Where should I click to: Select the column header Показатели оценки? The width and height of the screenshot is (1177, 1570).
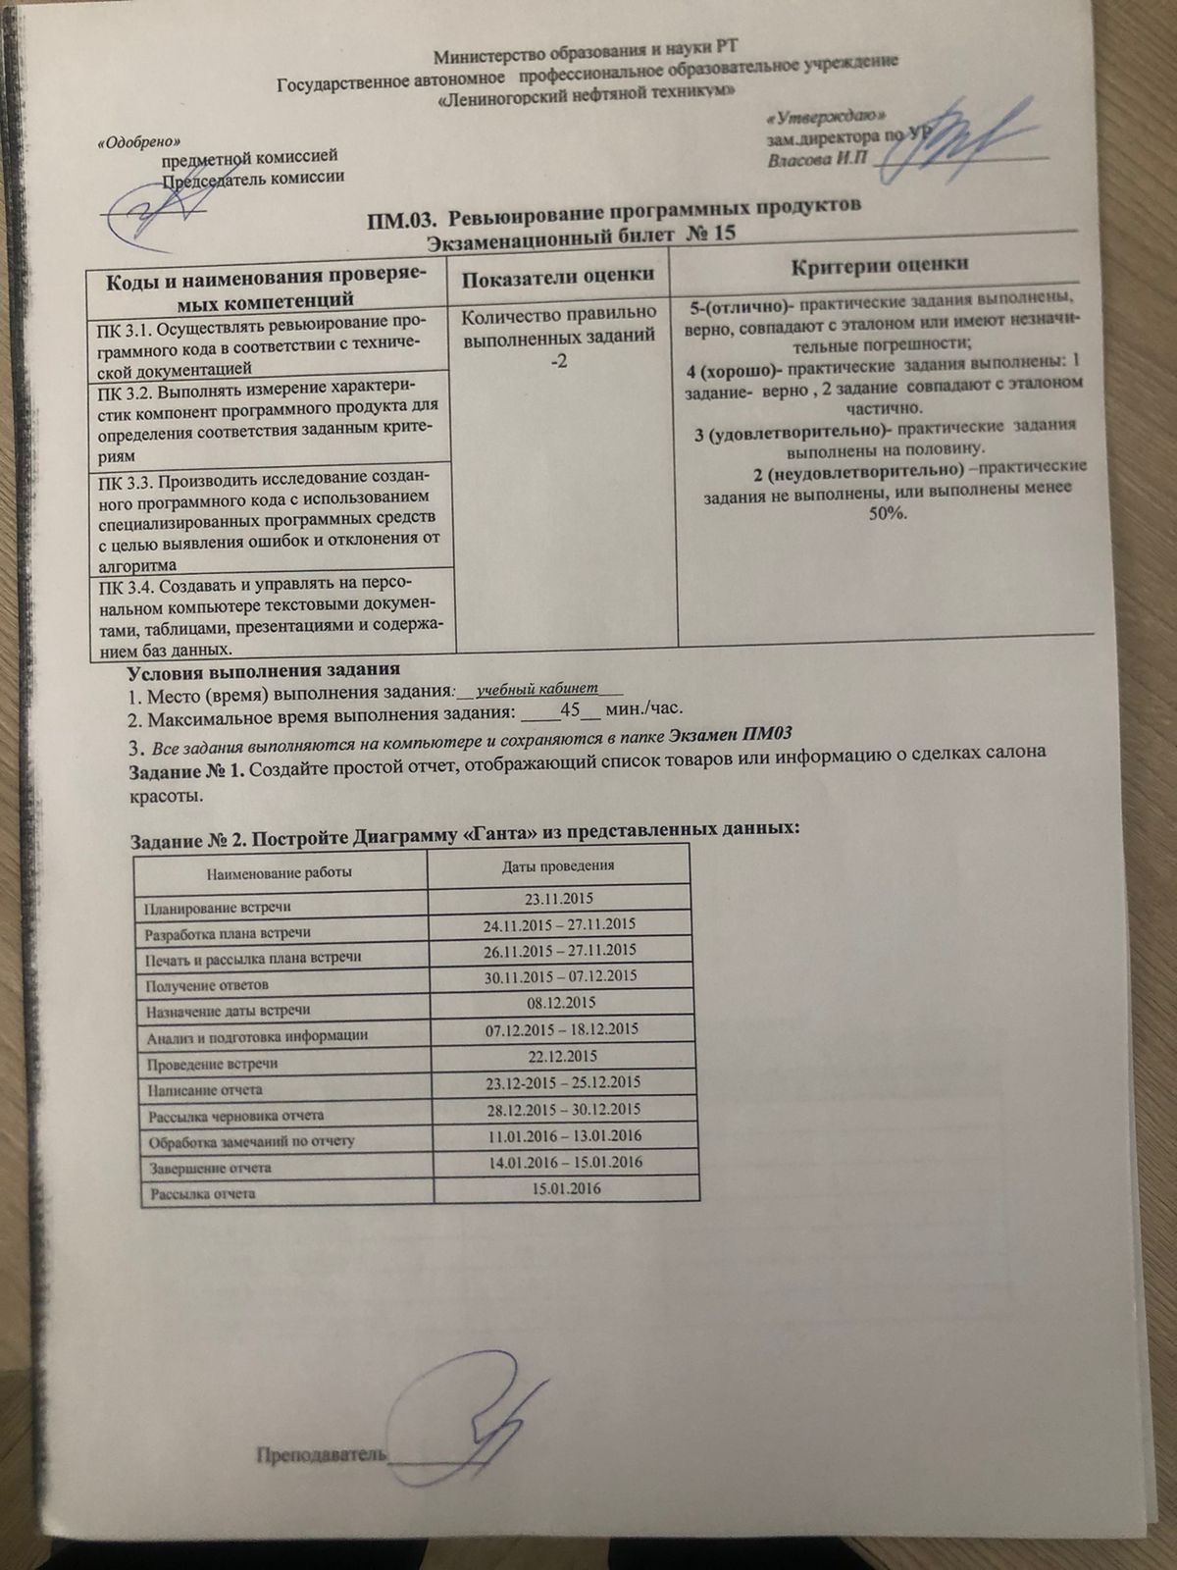click(558, 277)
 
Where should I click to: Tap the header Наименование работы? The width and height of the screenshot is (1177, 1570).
click(279, 870)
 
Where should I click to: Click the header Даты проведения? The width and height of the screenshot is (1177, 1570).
click(558, 866)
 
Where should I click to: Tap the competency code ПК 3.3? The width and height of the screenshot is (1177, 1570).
click(123, 481)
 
